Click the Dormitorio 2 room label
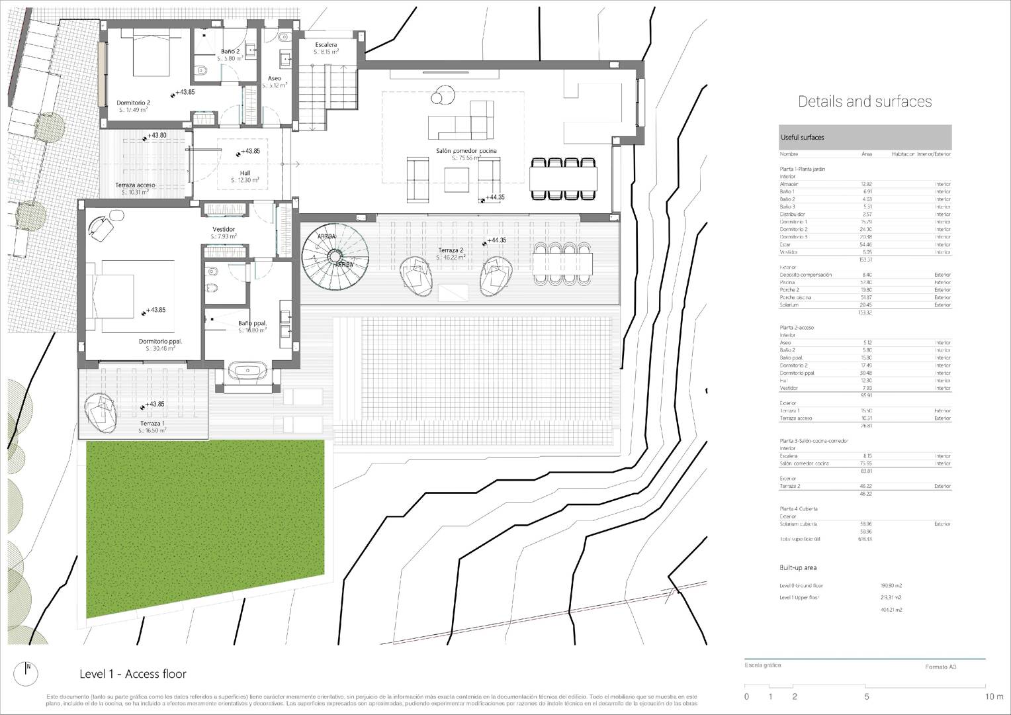click(134, 103)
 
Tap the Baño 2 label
click(230, 51)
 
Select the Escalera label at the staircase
click(326, 45)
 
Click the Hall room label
click(245, 173)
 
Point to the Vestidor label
click(224, 229)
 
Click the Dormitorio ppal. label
click(160, 342)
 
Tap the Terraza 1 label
click(153, 423)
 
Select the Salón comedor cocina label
click(466, 151)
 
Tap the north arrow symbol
click(28, 669)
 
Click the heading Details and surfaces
click(865, 101)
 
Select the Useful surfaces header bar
click(865, 137)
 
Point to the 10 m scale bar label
click(994, 696)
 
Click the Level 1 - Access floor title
click(133, 674)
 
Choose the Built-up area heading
click(798, 568)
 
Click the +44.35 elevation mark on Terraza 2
click(496, 241)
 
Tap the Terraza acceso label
click(135, 185)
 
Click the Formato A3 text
click(940, 667)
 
